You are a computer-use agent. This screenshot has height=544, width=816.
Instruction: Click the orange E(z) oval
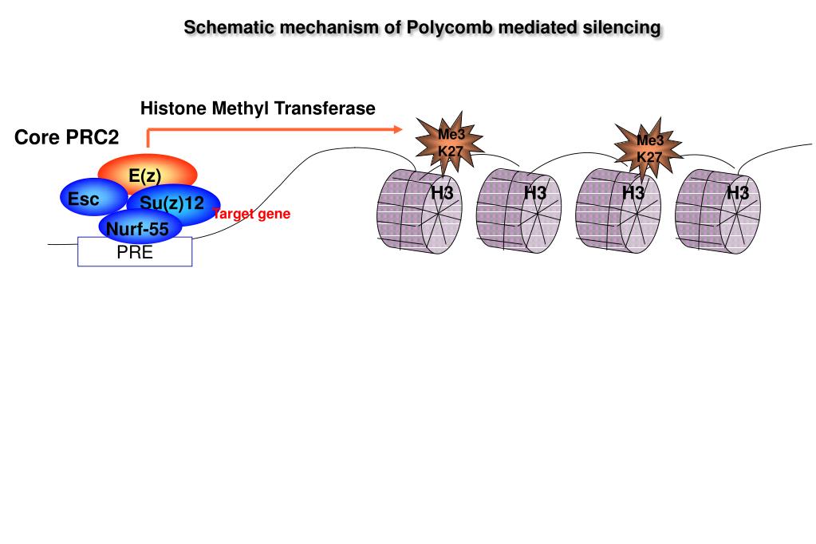(147, 174)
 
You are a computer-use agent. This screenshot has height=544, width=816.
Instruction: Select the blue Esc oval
(86, 199)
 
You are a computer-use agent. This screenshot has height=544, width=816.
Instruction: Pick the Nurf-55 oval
(138, 231)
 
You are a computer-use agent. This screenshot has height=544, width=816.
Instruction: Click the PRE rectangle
(134, 254)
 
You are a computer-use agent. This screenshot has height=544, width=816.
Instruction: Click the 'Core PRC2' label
(66, 138)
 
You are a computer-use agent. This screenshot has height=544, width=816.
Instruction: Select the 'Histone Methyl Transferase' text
(258, 108)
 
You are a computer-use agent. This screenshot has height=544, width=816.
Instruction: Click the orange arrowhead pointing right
(399, 128)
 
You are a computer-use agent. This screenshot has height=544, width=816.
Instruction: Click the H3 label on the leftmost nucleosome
(442, 193)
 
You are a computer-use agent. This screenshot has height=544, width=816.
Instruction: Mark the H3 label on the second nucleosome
(536, 193)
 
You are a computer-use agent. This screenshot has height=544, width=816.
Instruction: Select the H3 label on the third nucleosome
(633, 193)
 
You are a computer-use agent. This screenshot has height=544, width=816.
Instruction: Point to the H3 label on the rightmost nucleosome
(738, 193)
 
